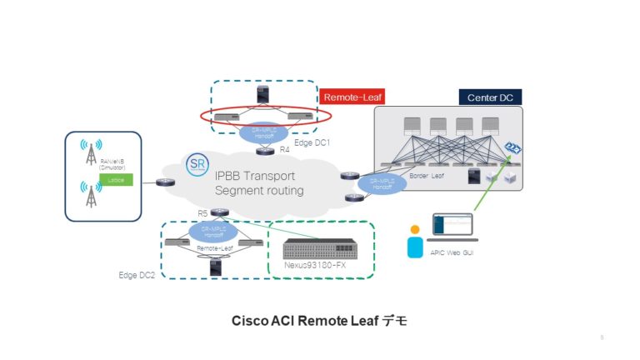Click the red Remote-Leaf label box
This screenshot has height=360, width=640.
coord(351,97)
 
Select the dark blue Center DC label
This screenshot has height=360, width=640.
coord(490,97)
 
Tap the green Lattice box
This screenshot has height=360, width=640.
coord(110,179)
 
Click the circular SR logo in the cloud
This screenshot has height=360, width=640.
coord(197,163)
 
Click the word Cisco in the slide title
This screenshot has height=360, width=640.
coord(247,320)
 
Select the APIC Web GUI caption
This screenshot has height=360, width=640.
coord(450,252)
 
